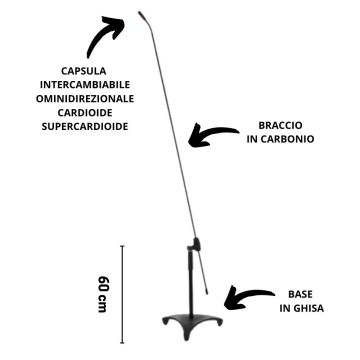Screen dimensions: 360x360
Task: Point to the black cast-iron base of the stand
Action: tap(187, 321)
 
